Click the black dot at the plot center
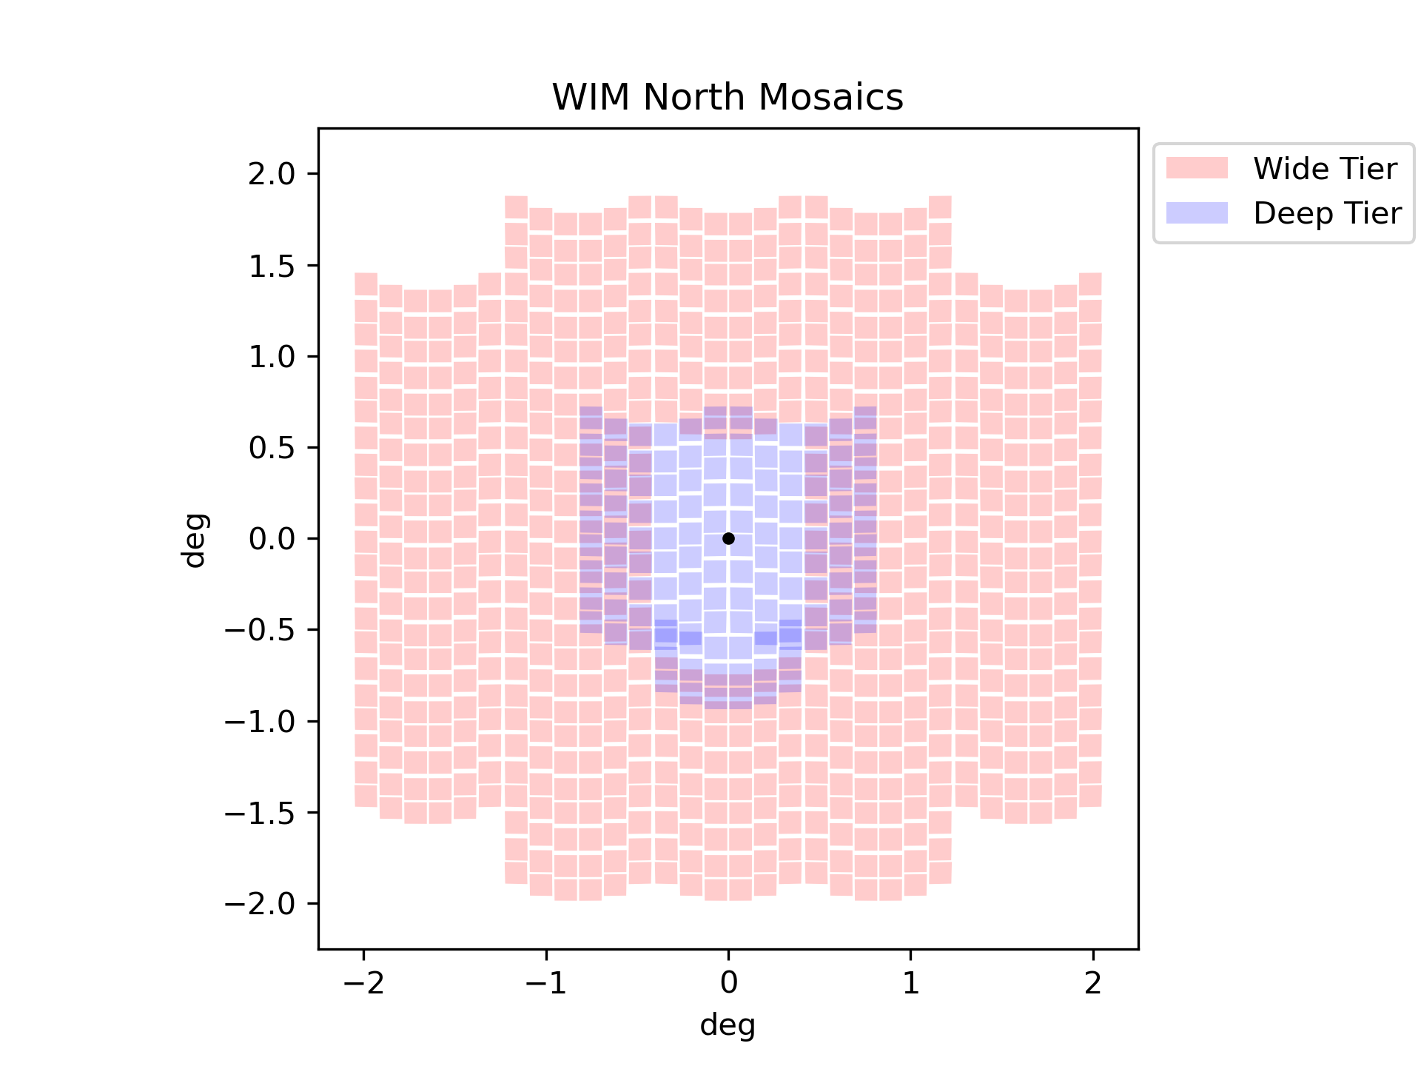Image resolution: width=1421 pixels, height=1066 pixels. click(728, 538)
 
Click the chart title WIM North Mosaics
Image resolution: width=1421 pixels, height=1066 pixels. click(728, 97)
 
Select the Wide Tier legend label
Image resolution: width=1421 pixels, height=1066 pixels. click(1325, 169)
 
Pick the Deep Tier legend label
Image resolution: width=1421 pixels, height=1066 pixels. click(1327, 213)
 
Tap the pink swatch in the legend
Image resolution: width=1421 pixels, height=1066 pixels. click(1197, 168)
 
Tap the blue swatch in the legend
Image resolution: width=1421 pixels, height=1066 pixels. click(1197, 212)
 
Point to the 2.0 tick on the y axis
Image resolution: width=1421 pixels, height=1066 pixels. click(272, 174)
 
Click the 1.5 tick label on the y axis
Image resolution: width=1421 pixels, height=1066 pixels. click(272, 265)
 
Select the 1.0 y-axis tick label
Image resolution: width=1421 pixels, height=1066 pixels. click(272, 356)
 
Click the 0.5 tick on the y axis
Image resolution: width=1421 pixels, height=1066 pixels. click(272, 447)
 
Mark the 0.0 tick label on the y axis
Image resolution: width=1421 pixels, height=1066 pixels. click(272, 538)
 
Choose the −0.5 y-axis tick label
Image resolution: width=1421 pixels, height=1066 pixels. click(260, 630)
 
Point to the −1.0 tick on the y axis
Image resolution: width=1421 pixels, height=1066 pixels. click(260, 721)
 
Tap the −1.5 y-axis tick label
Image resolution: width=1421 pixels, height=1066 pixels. click(260, 812)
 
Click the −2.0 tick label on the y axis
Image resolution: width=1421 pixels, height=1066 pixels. click(260, 903)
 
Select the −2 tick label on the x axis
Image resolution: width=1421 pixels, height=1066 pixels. click(363, 982)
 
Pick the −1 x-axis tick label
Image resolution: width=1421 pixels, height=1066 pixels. click(546, 982)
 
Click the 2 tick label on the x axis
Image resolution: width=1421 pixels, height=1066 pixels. click(1093, 982)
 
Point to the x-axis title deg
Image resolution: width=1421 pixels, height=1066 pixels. click(728, 1025)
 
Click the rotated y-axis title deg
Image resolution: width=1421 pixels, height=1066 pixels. click(195, 540)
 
